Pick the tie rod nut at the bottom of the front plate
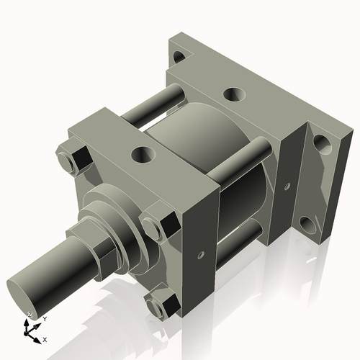(159, 303)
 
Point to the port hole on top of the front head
(143, 154)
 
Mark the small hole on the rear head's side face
(287, 186)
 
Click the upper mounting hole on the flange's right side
(322, 148)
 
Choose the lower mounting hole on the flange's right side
(311, 228)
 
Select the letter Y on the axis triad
(44, 318)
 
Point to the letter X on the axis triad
(45, 338)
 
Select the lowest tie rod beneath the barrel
(238, 242)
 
